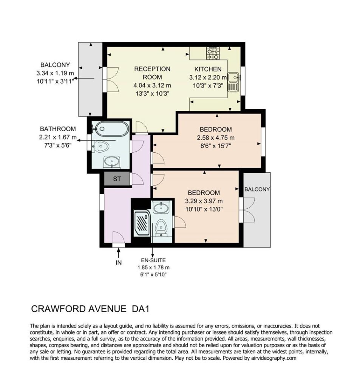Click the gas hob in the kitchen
[213, 53]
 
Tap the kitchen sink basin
[233, 77]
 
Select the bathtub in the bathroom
[112, 129]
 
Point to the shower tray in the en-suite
[142, 223]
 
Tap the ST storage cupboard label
[117, 179]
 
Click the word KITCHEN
[208, 70]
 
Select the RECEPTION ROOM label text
[152, 73]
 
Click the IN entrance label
[119, 263]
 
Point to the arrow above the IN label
[119, 253]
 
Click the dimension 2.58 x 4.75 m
[216, 138]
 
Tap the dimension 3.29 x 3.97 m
[204, 201]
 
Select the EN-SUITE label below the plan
[153, 260]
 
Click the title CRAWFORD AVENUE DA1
[90, 309]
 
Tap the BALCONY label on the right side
[257, 189]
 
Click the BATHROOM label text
[58, 129]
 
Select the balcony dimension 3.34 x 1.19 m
[55, 73]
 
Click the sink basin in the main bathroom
[112, 161]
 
